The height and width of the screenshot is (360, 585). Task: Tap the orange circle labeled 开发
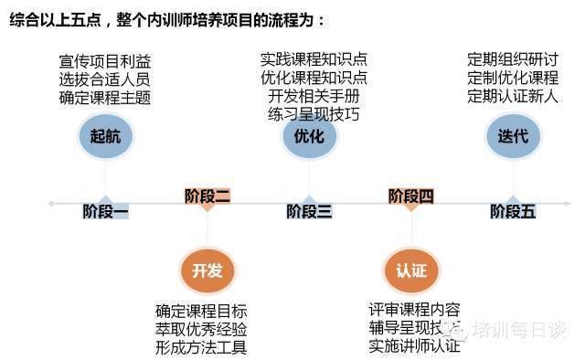coord(207,270)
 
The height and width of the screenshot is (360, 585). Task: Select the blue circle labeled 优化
coord(309,137)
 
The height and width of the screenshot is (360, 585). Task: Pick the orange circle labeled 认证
coord(411,270)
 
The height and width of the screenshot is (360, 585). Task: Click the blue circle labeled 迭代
coord(513,137)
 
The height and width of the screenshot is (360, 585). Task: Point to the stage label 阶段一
coord(106,212)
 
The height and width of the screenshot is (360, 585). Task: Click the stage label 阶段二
coord(207,195)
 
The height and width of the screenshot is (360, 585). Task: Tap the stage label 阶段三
coord(309,212)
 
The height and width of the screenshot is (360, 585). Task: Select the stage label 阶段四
coord(411,195)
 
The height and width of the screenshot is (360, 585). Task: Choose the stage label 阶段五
coord(513,212)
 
